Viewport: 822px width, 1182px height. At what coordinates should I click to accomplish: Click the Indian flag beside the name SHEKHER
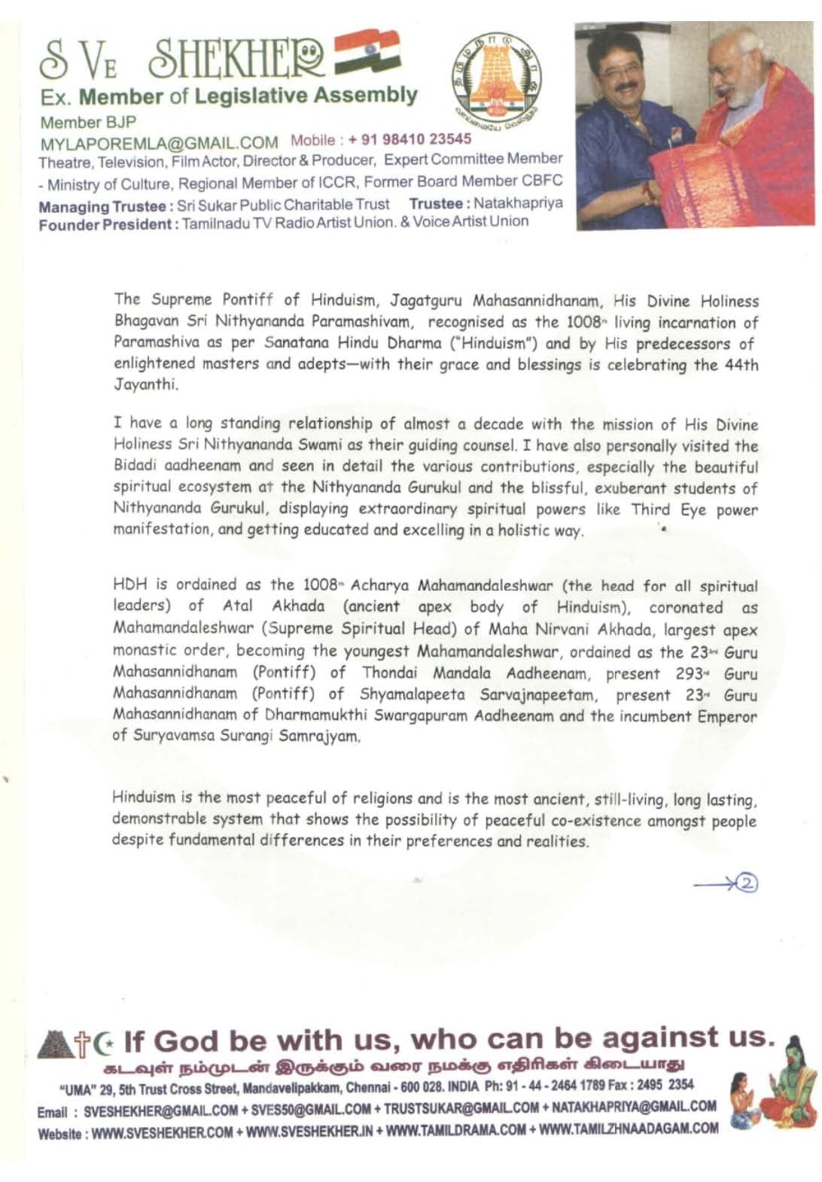tap(367, 51)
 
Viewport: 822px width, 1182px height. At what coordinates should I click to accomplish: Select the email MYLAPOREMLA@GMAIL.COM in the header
tap(159, 143)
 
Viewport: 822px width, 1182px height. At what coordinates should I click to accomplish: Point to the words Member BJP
tap(88, 122)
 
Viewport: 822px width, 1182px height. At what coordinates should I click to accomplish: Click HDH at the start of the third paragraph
tap(129, 585)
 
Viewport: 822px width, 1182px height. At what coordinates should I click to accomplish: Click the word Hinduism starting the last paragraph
tap(144, 798)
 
